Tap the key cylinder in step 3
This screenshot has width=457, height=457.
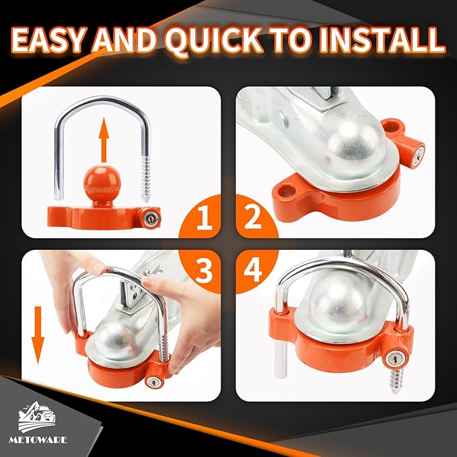(155, 382)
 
